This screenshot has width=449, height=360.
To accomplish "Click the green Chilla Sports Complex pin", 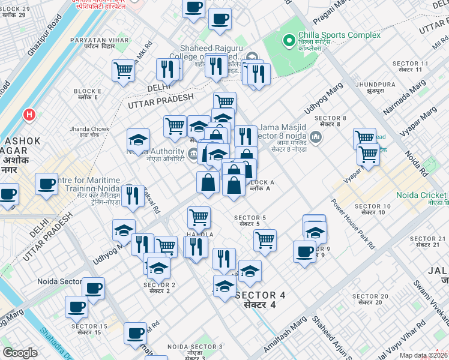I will (289, 41).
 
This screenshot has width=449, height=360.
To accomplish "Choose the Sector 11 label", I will (411, 66).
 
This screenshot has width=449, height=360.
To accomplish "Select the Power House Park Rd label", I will (353, 224).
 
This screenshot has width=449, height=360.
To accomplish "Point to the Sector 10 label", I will (373, 210).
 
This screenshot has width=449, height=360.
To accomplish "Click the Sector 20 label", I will (370, 299).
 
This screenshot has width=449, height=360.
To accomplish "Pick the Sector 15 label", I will (89, 329).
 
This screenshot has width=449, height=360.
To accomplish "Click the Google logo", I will (20, 353).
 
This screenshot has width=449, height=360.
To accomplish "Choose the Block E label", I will (88, 94).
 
